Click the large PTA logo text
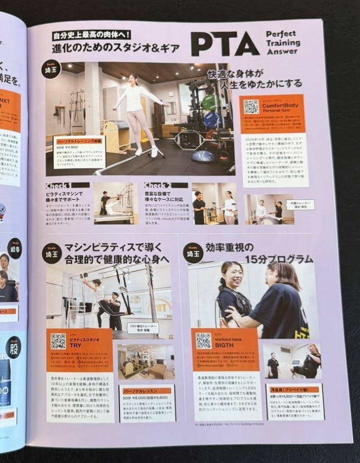[224, 44]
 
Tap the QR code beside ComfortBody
[251, 106]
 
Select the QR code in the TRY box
[58, 341]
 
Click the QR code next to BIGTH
[203, 341]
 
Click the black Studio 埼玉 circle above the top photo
[51, 69]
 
